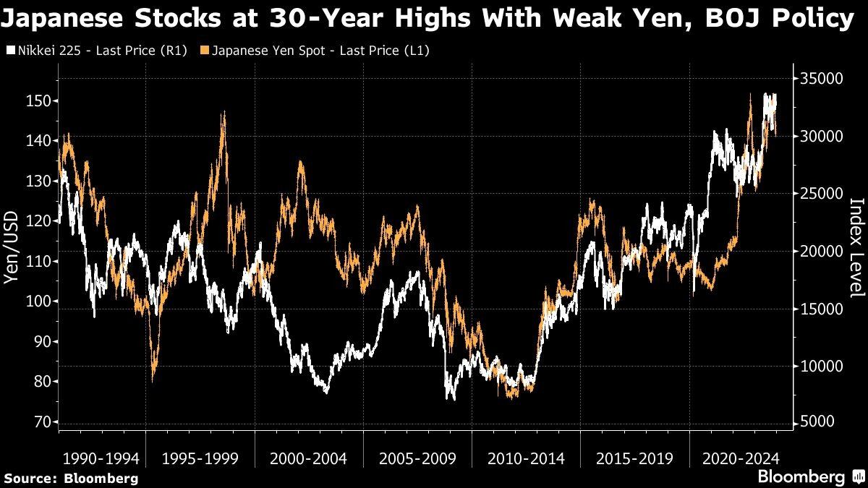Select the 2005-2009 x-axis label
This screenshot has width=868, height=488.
[417, 458]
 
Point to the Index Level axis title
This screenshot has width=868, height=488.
[857, 248]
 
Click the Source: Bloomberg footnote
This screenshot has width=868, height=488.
[70, 478]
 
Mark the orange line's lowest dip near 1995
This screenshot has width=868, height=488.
[153, 380]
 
